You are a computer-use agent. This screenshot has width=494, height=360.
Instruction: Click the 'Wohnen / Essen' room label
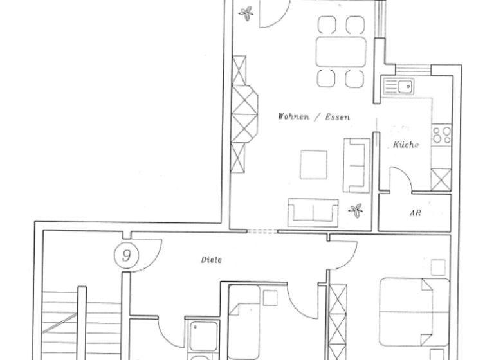(313, 117)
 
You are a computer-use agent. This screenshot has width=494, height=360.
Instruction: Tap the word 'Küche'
(406, 145)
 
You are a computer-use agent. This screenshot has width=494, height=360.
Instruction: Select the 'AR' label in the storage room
(415, 213)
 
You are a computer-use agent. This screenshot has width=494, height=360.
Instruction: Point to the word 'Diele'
(211, 260)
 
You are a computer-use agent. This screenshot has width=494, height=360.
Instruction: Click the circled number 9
(128, 255)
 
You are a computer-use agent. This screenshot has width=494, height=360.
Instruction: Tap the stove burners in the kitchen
(441, 134)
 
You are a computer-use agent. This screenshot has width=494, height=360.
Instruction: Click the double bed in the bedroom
(414, 310)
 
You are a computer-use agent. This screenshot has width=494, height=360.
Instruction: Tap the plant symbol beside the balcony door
(246, 13)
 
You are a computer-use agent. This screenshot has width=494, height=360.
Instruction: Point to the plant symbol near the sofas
(356, 210)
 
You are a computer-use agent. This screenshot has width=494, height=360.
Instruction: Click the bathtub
(244, 321)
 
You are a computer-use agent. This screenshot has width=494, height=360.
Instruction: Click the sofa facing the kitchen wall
(356, 164)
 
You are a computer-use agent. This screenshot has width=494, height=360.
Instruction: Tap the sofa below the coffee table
(313, 212)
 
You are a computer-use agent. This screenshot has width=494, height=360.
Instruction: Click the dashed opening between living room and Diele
(262, 230)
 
